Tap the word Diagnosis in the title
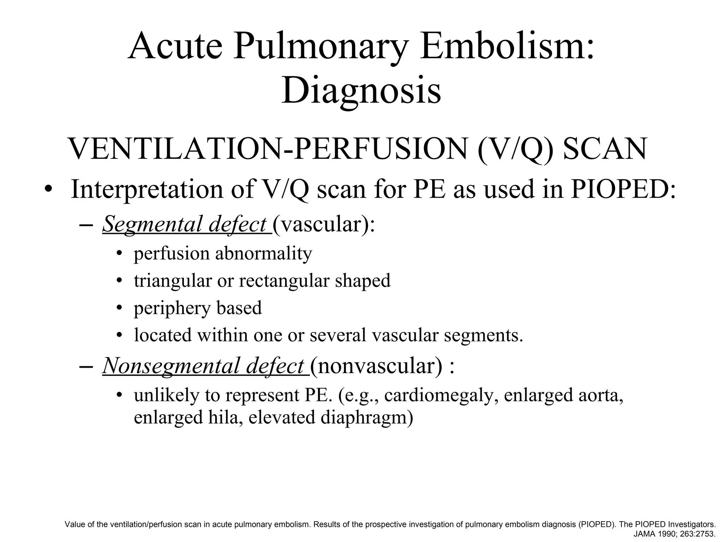(x=361, y=90)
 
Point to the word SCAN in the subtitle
(x=605, y=149)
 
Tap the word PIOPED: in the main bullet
(x=623, y=189)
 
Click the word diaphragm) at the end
(x=367, y=418)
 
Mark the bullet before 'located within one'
(x=120, y=335)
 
